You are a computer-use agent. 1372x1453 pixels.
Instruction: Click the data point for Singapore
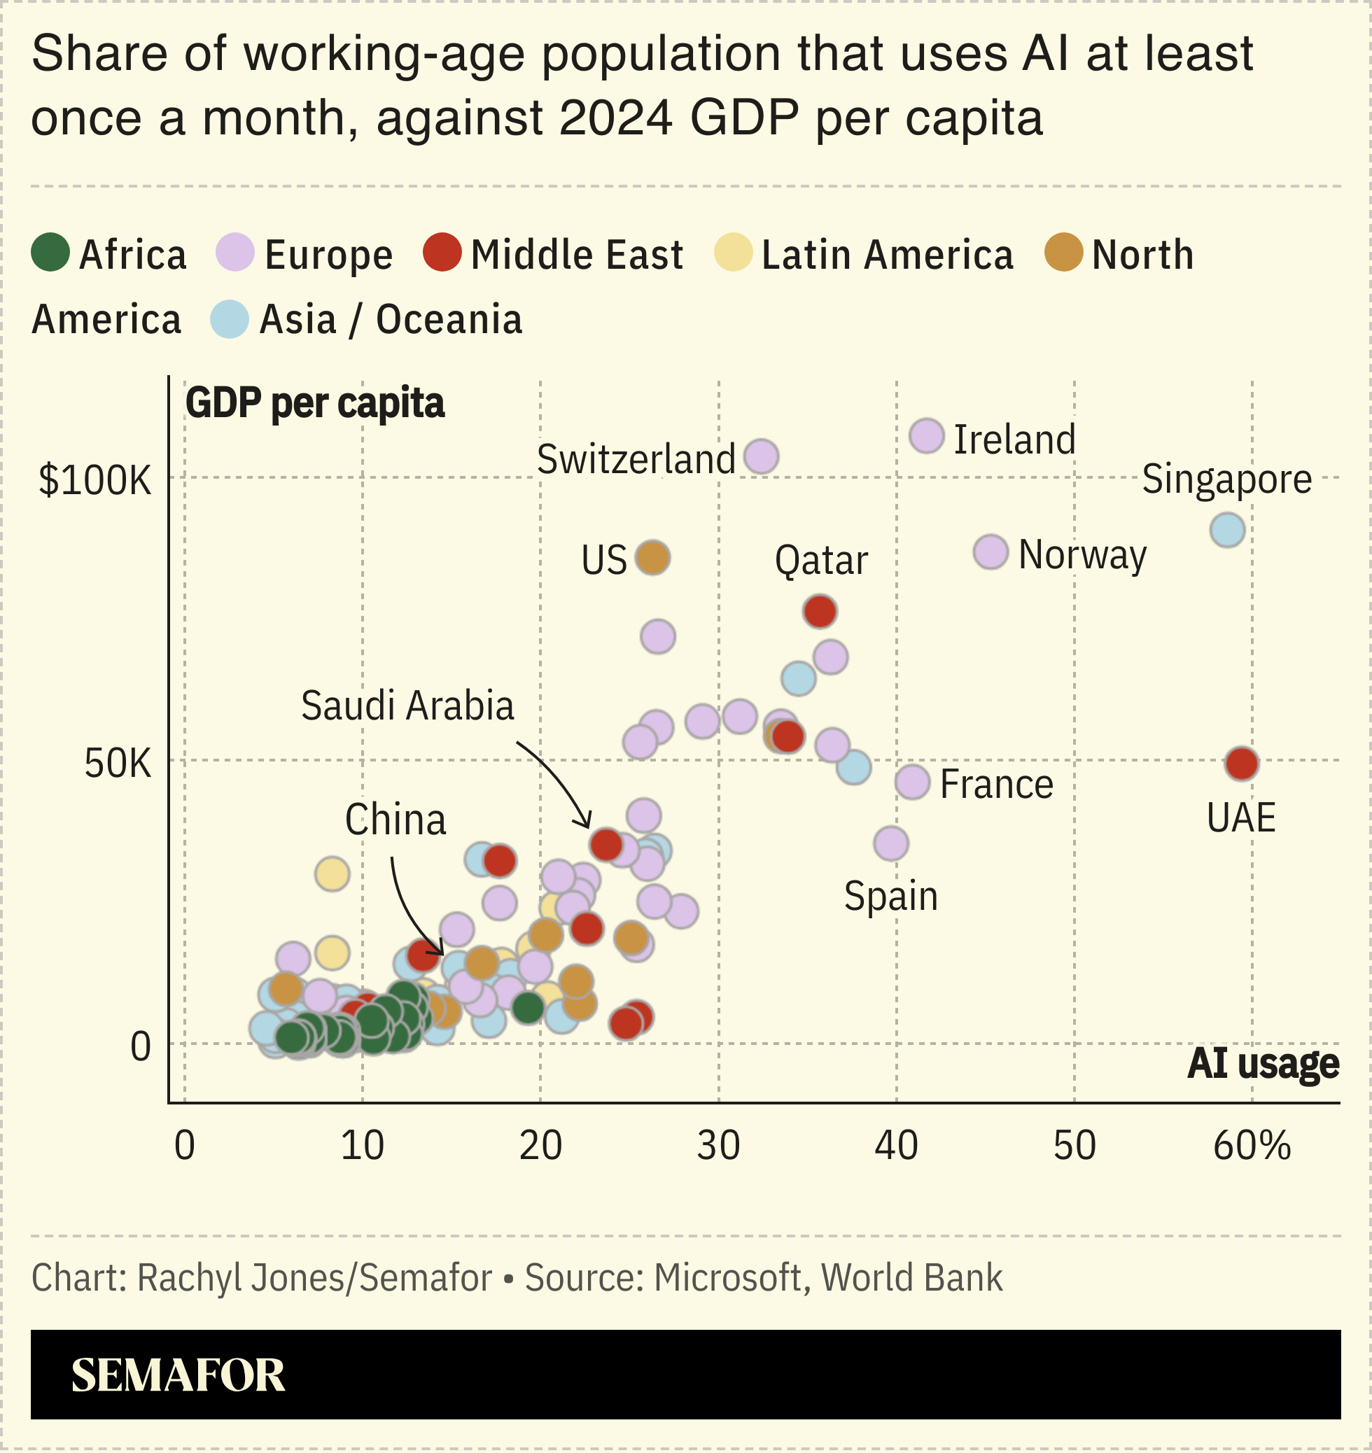[x=1227, y=530]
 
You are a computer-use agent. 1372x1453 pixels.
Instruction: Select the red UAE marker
[x=1241, y=764]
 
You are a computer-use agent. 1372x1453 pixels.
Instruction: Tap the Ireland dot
[x=927, y=437]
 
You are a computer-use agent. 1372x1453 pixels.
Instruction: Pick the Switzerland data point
[x=761, y=456]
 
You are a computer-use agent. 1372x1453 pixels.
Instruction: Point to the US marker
[x=652, y=558]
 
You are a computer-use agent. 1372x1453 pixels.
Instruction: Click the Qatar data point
[x=819, y=611]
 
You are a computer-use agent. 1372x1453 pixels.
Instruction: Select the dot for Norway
[x=990, y=552]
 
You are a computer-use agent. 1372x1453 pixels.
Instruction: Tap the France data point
[x=912, y=782]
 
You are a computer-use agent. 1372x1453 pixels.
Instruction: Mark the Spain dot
[x=891, y=844]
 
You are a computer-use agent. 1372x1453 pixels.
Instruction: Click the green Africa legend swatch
[x=50, y=252]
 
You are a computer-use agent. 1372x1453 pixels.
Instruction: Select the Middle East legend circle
[x=442, y=252]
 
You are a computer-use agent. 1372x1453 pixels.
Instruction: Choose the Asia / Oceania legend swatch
[x=230, y=319]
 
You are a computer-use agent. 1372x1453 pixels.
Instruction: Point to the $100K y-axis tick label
[x=95, y=480]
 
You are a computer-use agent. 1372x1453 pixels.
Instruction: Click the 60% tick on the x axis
[x=1252, y=1146]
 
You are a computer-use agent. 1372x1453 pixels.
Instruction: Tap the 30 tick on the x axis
[x=718, y=1146]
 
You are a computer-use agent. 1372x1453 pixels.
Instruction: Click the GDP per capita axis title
[x=314, y=403]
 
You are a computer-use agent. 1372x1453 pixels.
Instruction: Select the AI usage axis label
[x=1263, y=1063]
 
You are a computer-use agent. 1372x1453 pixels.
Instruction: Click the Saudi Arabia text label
[x=407, y=706]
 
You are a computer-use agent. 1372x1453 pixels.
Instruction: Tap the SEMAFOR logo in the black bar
[x=178, y=1375]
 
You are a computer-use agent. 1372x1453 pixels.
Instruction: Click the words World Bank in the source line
[x=911, y=1277]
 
